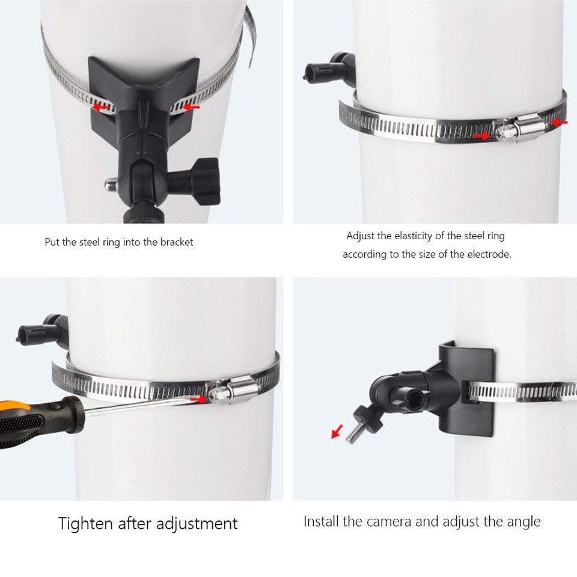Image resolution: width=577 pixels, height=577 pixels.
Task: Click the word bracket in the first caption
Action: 176,242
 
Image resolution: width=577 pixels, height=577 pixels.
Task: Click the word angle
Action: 522,521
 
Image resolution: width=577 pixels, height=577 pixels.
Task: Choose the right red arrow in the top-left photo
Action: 191,108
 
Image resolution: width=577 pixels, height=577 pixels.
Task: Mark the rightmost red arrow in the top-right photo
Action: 559,123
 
